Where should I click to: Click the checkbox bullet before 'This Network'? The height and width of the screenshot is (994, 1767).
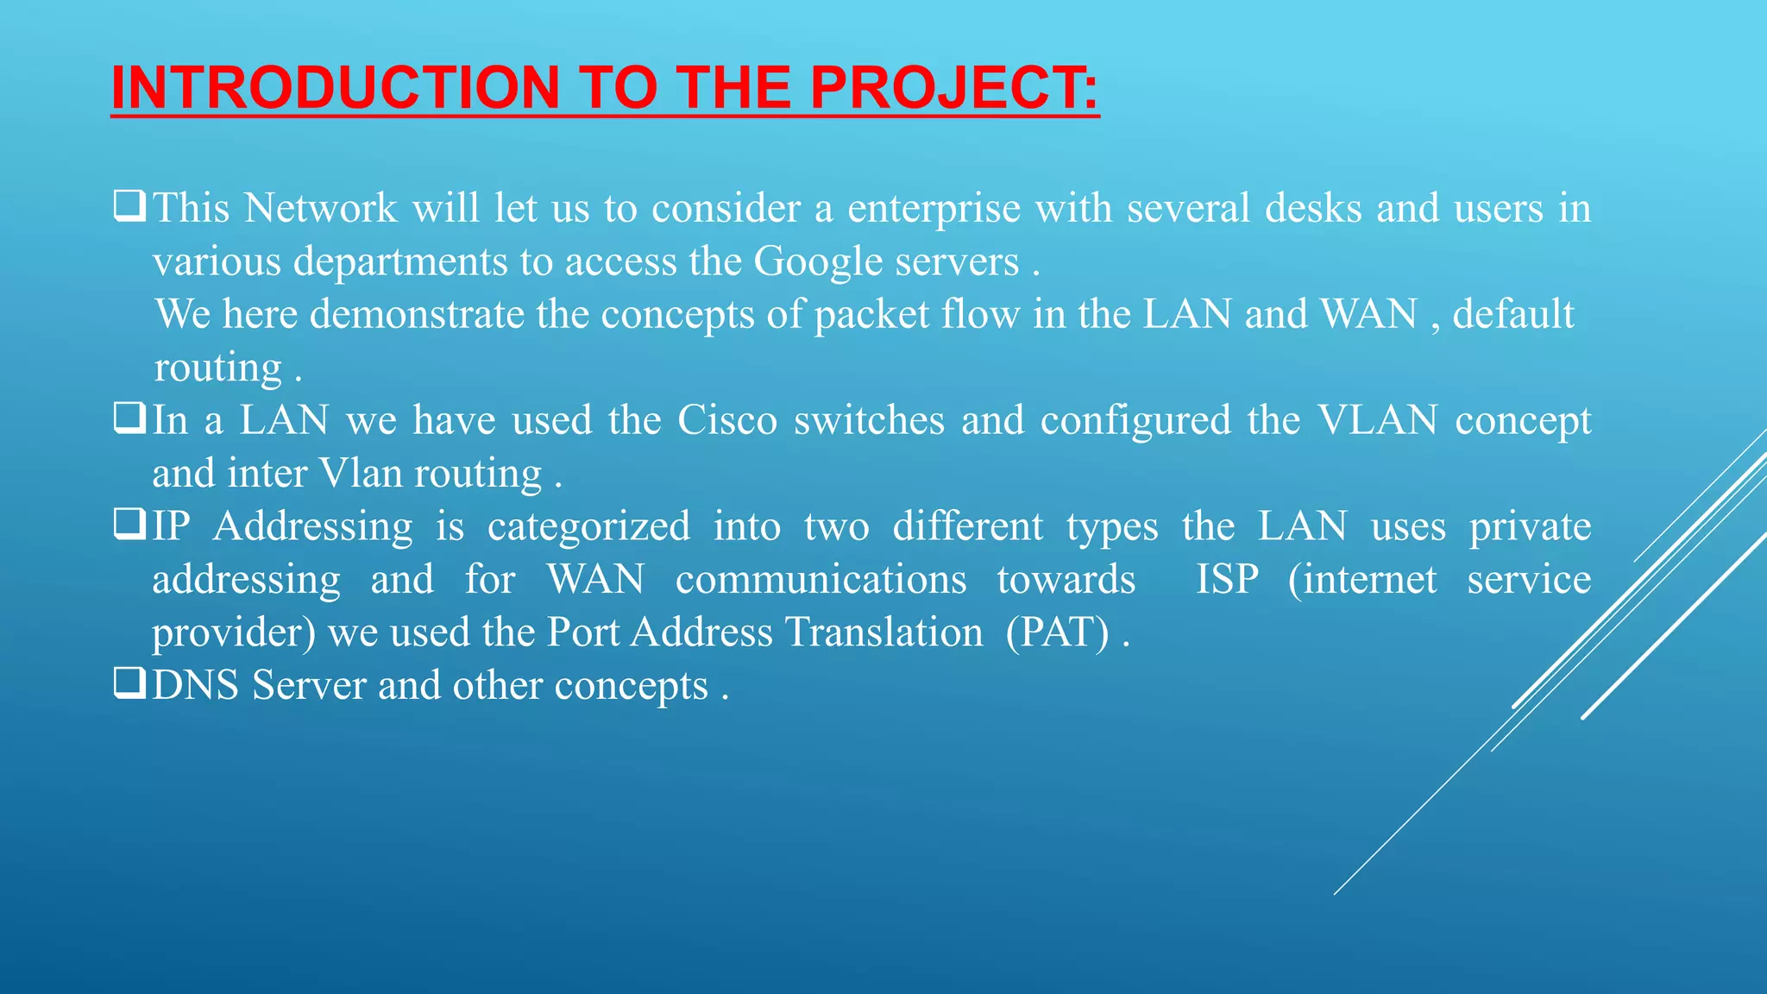(x=129, y=207)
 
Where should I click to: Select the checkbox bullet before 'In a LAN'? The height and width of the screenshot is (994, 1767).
(x=129, y=419)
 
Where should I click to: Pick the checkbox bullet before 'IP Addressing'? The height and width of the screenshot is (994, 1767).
(x=129, y=525)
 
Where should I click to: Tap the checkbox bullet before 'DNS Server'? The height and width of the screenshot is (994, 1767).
(x=129, y=684)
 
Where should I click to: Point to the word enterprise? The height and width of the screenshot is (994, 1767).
(x=934, y=209)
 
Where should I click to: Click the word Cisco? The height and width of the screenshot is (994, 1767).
(x=726, y=420)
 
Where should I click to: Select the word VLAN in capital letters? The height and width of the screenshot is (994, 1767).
(x=1377, y=420)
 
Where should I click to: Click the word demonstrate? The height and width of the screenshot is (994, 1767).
(x=417, y=314)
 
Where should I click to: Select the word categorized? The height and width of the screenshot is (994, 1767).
(x=588, y=526)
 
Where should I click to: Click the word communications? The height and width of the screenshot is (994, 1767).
(x=821, y=579)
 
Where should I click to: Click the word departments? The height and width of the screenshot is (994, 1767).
(x=400, y=262)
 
